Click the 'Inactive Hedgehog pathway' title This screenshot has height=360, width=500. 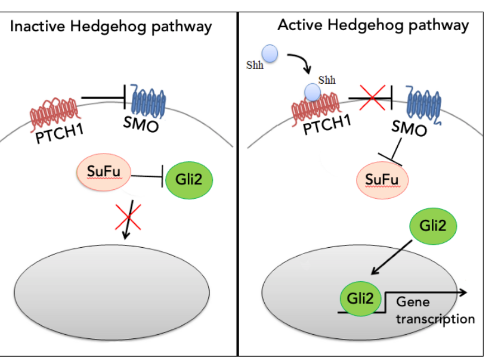pyautogui.click(x=111, y=26)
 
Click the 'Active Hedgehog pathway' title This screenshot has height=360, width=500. pyautogui.click(x=373, y=25)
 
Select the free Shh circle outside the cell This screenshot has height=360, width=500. pyautogui.click(x=270, y=54)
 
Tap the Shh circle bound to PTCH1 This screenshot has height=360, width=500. pyautogui.click(x=313, y=91)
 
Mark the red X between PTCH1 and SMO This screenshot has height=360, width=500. pyautogui.click(x=370, y=99)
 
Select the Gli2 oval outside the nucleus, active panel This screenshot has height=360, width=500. pyautogui.click(x=434, y=226)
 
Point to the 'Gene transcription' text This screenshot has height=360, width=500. pyautogui.click(x=435, y=310)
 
